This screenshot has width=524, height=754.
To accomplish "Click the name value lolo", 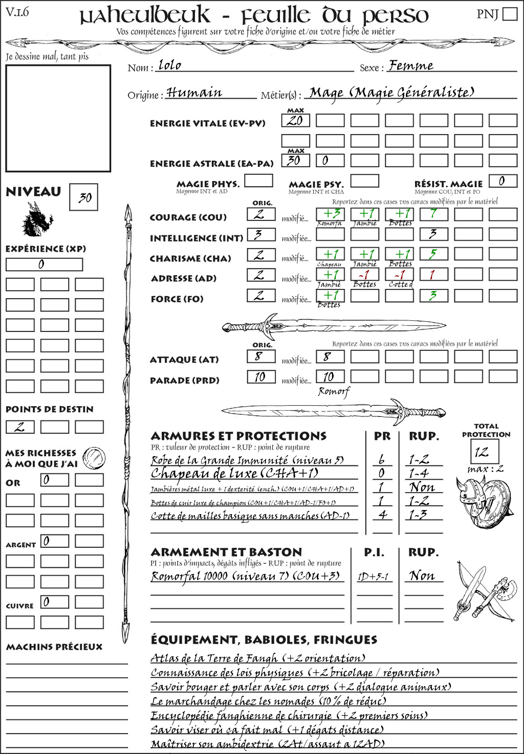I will (x=170, y=65).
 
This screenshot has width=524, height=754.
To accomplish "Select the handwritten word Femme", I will (x=410, y=65).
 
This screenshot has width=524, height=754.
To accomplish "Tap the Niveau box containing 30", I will (x=83, y=197).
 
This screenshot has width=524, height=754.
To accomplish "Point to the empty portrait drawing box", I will (x=58, y=118).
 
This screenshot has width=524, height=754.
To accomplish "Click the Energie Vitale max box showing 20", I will (x=295, y=121).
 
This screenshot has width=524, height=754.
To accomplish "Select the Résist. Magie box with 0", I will (x=502, y=181).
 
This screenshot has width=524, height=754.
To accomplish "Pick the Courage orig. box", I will (x=261, y=214).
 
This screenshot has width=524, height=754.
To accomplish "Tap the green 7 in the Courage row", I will (x=433, y=214).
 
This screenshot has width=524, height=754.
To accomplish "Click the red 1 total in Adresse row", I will (x=433, y=275).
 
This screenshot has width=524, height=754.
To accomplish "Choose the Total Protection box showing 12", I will (x=484, y=452).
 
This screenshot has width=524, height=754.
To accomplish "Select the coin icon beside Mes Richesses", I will (x=94, y=457).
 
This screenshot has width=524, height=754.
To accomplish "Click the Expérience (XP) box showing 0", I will (x=44, y=264).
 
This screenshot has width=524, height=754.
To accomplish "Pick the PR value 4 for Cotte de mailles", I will (x=382, y=515).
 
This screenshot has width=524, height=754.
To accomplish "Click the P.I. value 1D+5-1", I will (x=373, y=576).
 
